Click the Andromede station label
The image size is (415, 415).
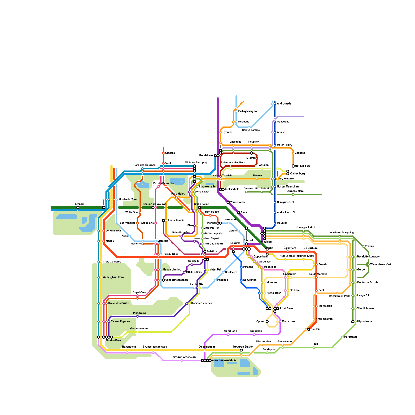(284, 104)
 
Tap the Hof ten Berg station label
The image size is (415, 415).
(303, 166)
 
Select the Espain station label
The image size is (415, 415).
(80, 204)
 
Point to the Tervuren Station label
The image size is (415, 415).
(243, 347)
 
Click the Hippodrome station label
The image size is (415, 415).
(365, 322)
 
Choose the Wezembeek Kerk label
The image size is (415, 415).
(381, 265)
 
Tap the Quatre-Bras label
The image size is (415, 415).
(113, 340)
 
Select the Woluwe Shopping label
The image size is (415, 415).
(196, 163)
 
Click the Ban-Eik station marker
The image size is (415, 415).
(309, 329)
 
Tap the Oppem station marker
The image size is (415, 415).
(267, 322)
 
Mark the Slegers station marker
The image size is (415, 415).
(163, 153)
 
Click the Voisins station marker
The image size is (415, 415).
(363, 246)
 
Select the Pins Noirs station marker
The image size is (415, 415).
(137, 316)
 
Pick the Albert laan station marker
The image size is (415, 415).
(228, 335)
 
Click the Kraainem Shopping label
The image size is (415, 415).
(341, 233)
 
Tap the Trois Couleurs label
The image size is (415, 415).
(112, 262)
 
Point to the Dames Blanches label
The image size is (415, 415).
(202, 303)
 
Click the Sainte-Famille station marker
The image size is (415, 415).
(249, 127)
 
